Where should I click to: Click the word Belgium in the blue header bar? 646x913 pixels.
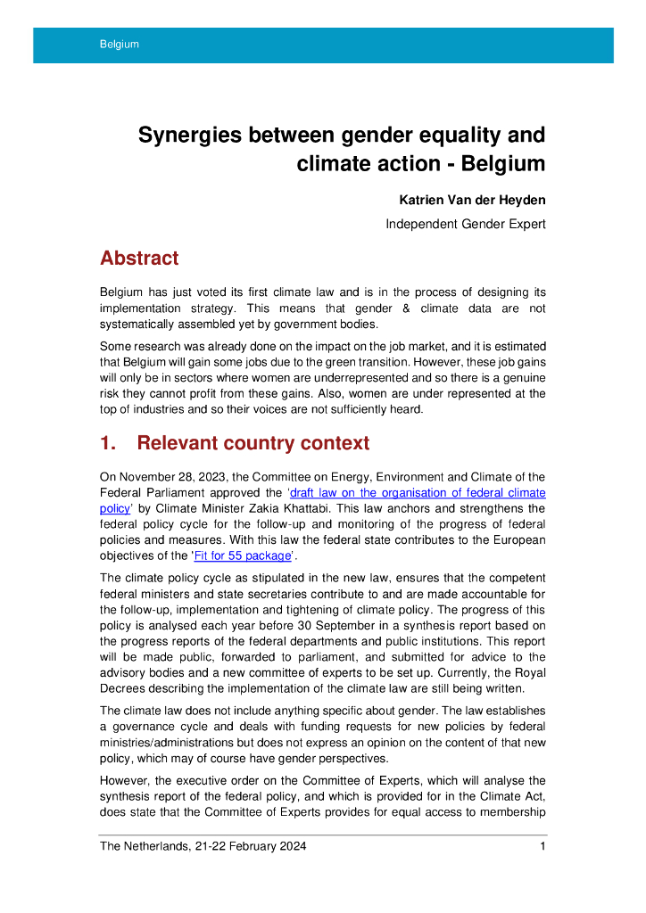point(120,45)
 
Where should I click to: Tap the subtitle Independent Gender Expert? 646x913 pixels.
point(465,224)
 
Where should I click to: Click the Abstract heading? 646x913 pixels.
point(139,259)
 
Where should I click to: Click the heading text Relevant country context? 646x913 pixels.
point(253,443)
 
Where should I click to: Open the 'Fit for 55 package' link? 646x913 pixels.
point(242,555)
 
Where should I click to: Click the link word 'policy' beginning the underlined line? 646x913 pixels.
point(115,508)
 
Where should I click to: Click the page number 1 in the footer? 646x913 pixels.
point(542,846)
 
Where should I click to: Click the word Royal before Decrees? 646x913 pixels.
point(526,671)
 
